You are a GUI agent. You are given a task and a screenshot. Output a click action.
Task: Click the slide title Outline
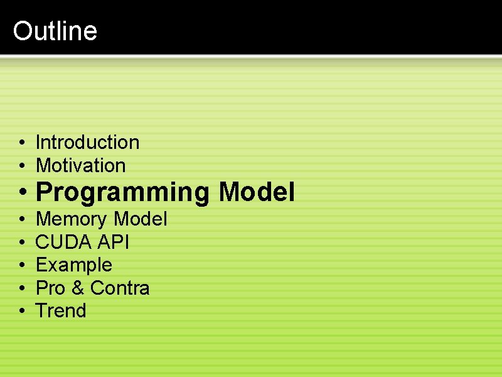coord(55,31)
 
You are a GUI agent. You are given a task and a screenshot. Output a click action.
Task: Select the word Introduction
coord(87,142)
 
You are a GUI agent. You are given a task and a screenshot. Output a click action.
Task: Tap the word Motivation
coord(80,165)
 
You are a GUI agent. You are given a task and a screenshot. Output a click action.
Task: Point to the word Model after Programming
coord(257,192)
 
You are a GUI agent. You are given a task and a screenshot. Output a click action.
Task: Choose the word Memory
coord(72,219)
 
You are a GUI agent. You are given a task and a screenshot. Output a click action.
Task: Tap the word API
coord(114,242)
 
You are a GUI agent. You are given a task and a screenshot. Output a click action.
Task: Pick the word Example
coord(73,265)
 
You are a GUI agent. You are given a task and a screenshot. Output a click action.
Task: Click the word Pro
coord(50,288)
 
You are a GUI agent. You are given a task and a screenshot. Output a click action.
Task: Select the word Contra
coord(120,288)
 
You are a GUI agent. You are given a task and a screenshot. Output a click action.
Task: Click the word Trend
coord(61,310)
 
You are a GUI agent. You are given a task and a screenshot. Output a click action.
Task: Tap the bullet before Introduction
coord(21,143)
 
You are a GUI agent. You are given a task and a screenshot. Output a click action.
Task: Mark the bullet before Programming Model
coord(22,192)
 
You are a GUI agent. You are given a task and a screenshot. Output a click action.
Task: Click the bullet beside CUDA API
coord(21,243)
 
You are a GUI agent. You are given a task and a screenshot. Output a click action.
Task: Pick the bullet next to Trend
coord(21,311)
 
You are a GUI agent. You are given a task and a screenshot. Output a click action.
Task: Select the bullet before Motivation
coord(21,166)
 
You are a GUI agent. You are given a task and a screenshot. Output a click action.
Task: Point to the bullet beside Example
coord(21,265)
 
